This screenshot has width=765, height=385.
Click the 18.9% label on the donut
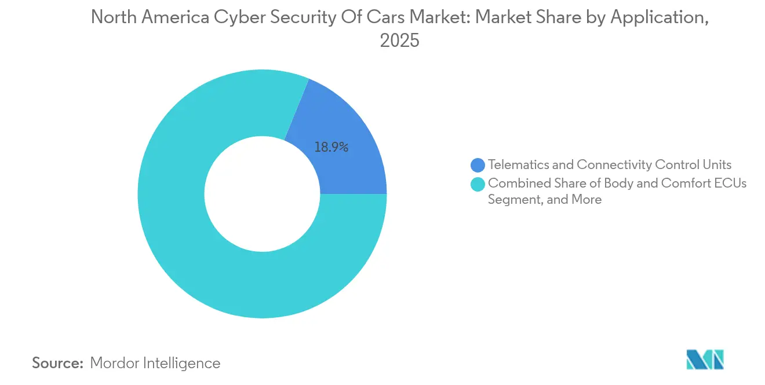[x=331, y=148]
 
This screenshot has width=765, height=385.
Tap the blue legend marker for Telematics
[x=478, y=165]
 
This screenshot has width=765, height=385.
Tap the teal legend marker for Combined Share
[x=478, y=184]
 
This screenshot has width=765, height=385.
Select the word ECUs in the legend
[x=730, y=184]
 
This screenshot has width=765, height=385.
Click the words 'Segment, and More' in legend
[x=545, y=200]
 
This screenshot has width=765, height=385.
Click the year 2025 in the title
[x=399, y=41]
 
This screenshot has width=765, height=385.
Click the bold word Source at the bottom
[x=58, y=363]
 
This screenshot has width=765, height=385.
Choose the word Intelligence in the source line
[x=183, y=363]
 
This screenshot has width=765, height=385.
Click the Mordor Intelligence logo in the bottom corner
[x=705, y=360]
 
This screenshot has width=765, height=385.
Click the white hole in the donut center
[x=262, y=194]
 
